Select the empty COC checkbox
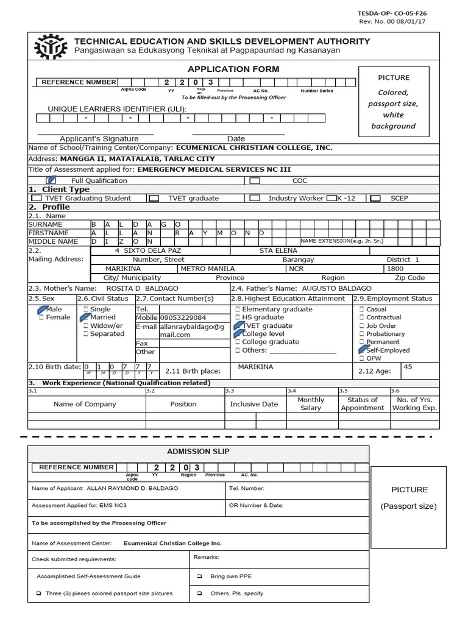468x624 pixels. tap(255, 180)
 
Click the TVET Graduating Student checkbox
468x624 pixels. tap(37, 198)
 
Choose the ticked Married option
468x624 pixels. tap(85, 317)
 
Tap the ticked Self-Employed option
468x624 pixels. tap(363, 350)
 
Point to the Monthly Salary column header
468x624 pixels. tap(310, 404)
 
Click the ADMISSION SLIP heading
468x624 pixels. tap(198, 450)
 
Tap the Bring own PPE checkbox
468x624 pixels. tap(199, 576)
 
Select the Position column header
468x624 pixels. tap(183, 404)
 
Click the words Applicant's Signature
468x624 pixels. tap(90, 139)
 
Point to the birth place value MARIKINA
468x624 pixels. tap(255, 367)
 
